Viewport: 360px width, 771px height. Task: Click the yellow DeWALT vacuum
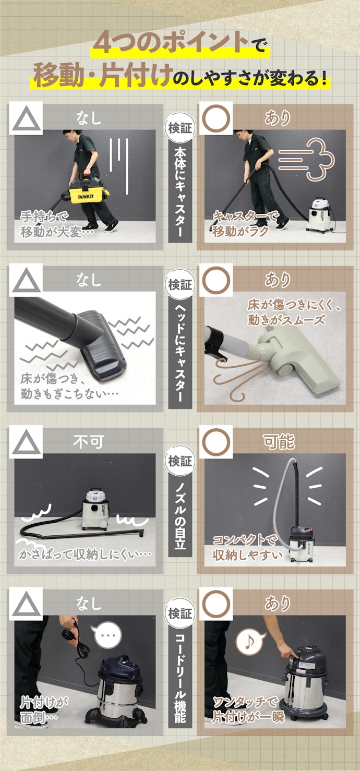tap(86, 191)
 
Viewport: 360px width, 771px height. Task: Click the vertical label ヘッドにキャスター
tap(180, 353)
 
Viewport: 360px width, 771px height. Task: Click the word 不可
tap(89, 441)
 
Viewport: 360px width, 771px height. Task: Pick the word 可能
tap(279, 441)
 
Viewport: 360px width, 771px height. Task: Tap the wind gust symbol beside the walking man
tap(306, 159)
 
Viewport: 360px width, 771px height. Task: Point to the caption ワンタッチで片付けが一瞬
tap(248, 709)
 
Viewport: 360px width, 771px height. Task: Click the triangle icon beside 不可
tap(26, 442)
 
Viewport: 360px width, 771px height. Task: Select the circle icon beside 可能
tap(216, 442)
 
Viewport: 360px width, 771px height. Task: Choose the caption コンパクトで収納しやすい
tap(247, 548)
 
